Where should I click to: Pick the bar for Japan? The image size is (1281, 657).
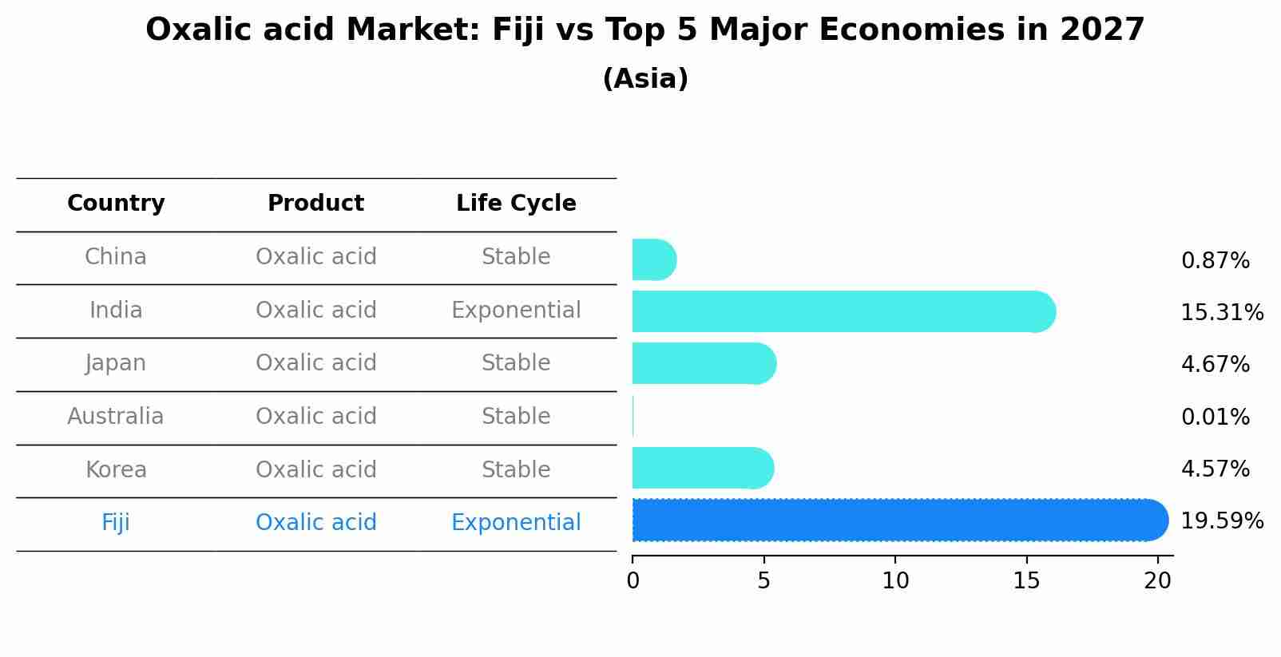point(704,363)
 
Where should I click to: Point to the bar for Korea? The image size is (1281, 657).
point(702,468)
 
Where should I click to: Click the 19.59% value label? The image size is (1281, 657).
point(1221,521)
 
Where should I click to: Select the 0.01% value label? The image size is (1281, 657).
point(1215,417)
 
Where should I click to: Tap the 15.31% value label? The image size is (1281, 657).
point(1221,312)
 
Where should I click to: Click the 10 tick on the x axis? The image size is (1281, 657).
point(895,581)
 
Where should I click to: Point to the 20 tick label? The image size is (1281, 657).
point(1157,581)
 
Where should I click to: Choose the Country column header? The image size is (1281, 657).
point(116,204)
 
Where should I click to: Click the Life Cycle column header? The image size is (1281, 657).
point(516,204)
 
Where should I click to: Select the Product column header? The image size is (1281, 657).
point(315,204)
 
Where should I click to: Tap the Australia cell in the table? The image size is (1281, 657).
point(116,417)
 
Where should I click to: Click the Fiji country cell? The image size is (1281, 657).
point(116,523)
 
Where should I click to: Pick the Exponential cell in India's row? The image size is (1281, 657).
point(516,311)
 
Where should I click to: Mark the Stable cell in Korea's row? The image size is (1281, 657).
point(516,470)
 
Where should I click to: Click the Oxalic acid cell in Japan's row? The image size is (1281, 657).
point(315,363)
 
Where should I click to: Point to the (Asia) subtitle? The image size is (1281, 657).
point(645,79)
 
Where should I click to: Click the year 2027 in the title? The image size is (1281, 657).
point(1102,30)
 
